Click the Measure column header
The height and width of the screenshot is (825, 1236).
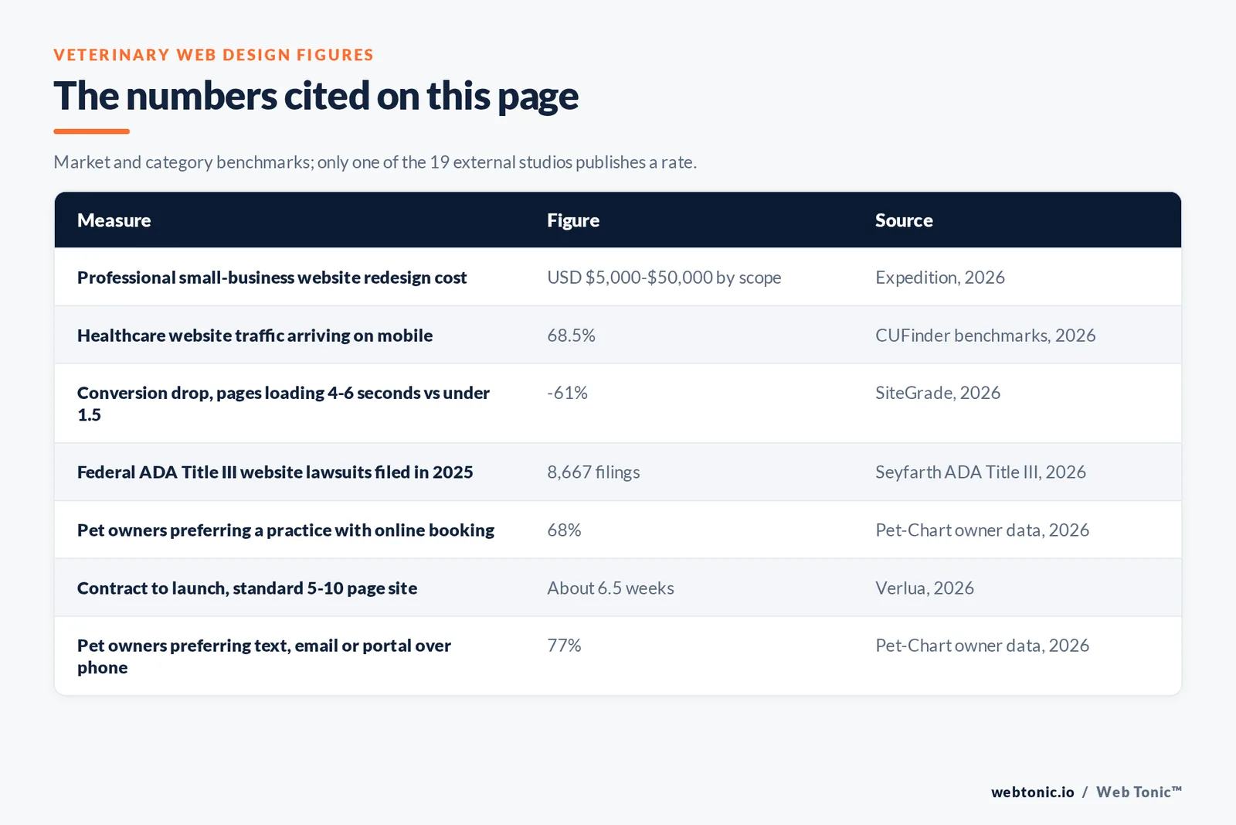(x=114, y=220)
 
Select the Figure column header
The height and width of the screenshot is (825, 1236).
(x=572, y=220)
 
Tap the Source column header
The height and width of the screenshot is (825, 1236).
(x=904, y=220)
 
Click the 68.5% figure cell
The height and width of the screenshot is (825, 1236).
(x=571, y=336)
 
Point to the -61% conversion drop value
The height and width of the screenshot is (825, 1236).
(x=567, y=393)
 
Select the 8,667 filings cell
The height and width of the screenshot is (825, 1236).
(x=593, y=472)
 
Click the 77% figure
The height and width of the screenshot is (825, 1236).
(x=564, y=646)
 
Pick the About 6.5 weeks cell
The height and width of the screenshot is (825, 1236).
(x=610, y=588)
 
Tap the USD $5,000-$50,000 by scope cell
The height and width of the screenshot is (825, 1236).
(x=664, y=278)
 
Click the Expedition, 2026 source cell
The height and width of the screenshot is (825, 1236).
(x=939, y=278)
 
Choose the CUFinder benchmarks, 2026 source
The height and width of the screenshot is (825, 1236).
(x=985, y=336)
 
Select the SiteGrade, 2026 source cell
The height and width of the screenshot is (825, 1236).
(x=938, y=393)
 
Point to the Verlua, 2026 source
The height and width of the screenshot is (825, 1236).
(x=924, y=588)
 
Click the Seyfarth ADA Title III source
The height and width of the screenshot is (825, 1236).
(x=980, y=472)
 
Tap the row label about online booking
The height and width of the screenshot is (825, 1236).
(x=286, y=530)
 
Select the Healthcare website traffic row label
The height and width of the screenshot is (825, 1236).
(x=255, y=336)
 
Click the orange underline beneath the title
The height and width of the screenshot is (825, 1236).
(x=92, y=131)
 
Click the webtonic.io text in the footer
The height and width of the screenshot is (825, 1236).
(x=1032, y=792)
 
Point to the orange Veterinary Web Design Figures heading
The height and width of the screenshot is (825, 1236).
(x=213, y=55)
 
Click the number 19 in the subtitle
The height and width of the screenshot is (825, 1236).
(x=440, y=162)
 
